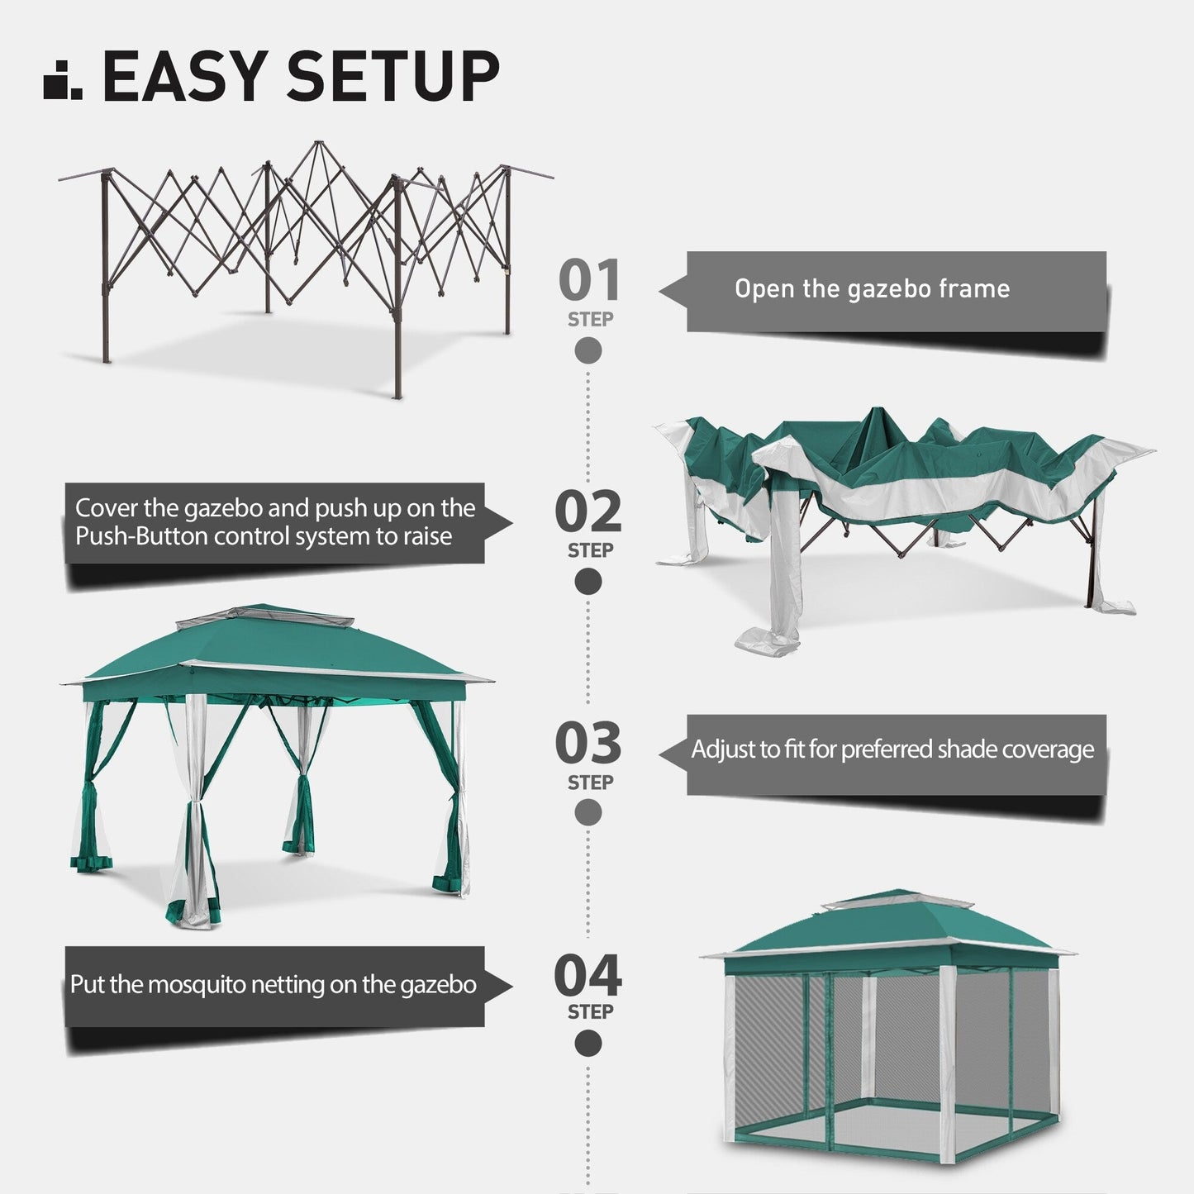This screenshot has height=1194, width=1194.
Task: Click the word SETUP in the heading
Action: tap(392, 76)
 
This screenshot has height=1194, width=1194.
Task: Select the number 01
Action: tap(588, 281)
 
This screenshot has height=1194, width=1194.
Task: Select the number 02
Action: tap(588, 512)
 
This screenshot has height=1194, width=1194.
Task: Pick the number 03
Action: tap(588, 744)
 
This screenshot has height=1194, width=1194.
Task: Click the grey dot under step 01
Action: tap(588, 351)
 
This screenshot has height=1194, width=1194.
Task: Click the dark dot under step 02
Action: tap(588, 582)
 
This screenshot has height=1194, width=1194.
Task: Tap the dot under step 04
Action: tap(588, 1044)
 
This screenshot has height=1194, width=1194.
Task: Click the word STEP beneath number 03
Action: tap(590, 782)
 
